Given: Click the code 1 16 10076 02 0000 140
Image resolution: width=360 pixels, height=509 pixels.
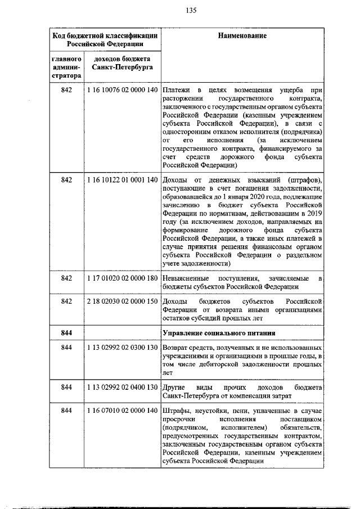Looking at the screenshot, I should (x=121, y=91).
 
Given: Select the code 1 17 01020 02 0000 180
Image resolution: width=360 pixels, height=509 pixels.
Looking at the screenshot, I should (x=121, y=278).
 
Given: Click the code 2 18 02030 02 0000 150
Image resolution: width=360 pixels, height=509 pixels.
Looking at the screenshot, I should (x=121, y=301).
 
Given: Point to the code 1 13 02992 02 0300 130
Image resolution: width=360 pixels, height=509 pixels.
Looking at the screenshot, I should (x=121, y=348).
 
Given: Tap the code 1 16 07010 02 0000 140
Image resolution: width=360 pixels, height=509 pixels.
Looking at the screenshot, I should (x=121, y=411).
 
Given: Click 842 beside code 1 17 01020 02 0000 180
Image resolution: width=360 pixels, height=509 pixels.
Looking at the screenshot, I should (x=67, y=278).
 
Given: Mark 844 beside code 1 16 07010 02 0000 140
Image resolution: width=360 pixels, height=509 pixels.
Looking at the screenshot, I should (x=67, y=411).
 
